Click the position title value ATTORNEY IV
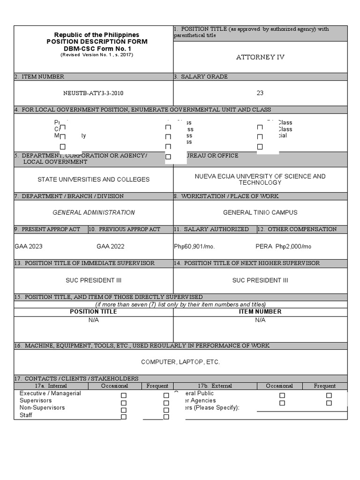coord(260,57)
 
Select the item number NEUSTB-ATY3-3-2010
coord(93,93)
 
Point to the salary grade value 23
coord(260,93)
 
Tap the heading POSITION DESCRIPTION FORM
coord(97,41)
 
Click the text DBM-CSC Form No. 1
coord(97,48)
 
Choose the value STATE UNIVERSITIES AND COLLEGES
coord(94,180)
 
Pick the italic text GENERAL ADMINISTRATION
coord(94,212)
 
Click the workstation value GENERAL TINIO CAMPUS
coord(260,212)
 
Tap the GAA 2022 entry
coord(111,246)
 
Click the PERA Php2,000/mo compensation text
coord(284,246)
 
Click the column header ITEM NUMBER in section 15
coord(260,311)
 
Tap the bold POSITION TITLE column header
coord(94,311)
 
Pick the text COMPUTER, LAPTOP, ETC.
coord(180,362)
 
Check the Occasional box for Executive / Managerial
coord(124,396)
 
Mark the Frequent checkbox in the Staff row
coord(166,417)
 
